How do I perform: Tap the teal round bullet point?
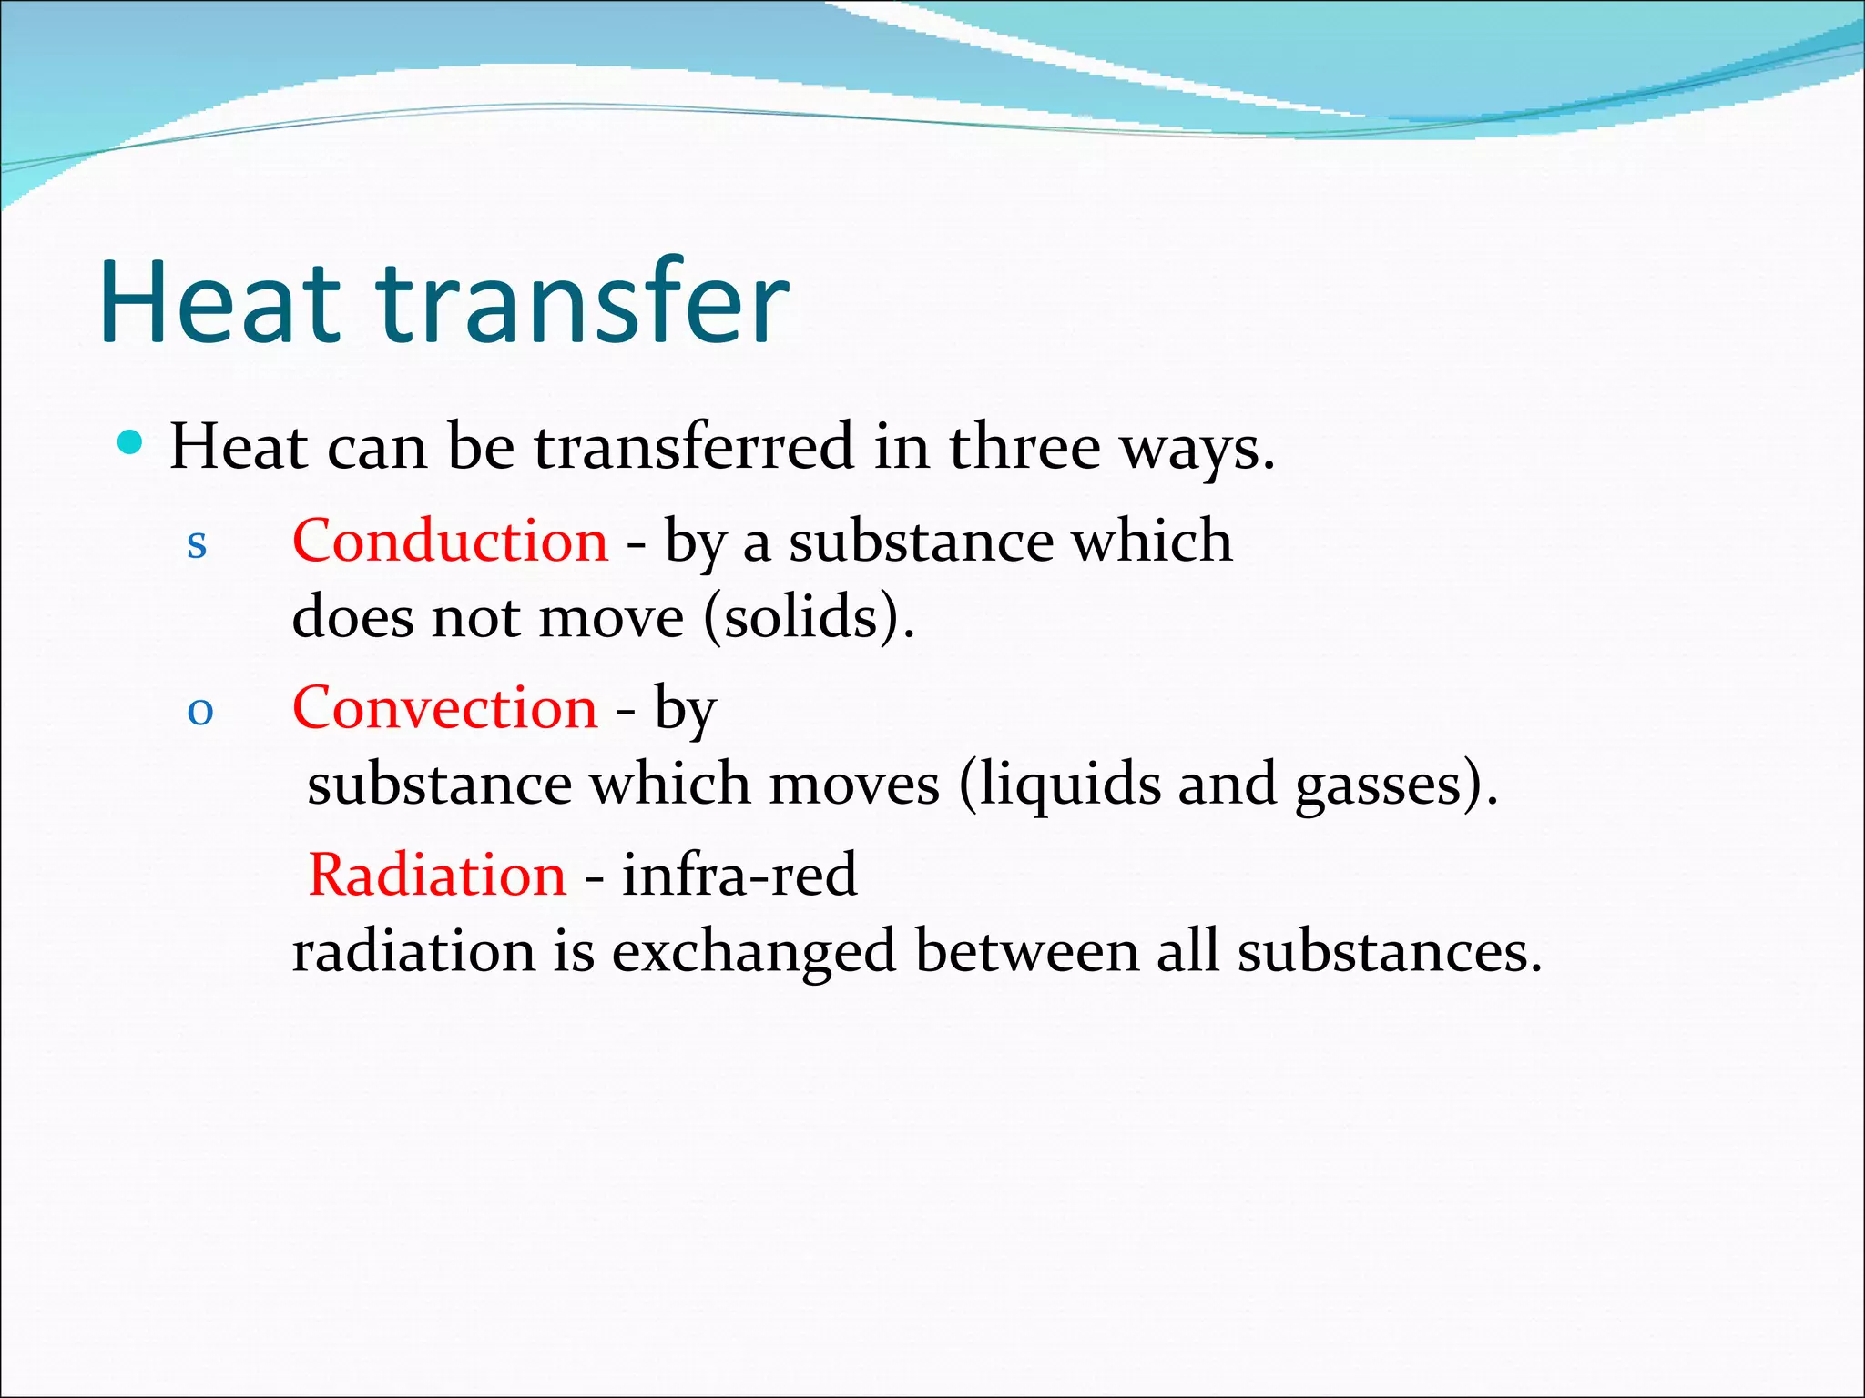(x=131, y=443)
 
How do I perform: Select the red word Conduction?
(x=450, y=541)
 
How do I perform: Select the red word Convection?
(x=444, y=708)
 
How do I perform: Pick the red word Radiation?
(x=437, y=875)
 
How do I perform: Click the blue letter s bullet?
(x=197, y=543)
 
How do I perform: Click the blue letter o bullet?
(x=199, y=711)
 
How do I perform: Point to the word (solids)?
(x=809, y=618)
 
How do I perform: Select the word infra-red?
(x=739, y=875)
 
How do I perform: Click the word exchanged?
(x=754, y=951)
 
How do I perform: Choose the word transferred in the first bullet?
(x=694, y=446)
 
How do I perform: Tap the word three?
(x=1024, y=446)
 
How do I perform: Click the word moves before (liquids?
(x=853, y=785)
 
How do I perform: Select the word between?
(x=1026, y=951)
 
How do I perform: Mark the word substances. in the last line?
(x=1389, y=951)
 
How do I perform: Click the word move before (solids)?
(x=611, y=618)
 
